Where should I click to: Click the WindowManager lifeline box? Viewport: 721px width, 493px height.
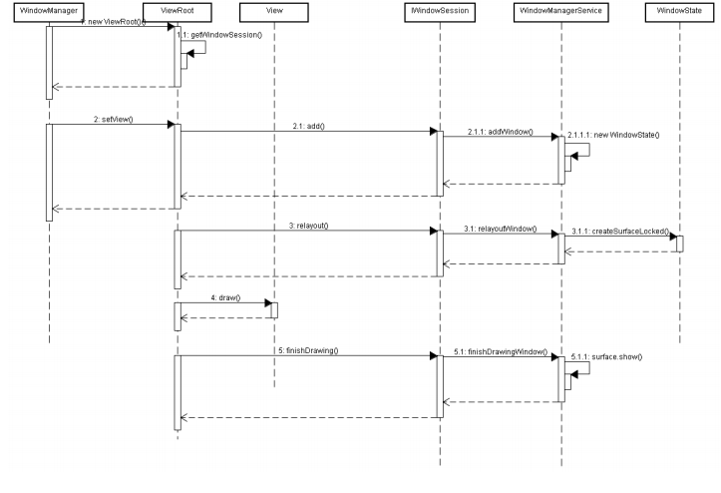click(x=48, y=9)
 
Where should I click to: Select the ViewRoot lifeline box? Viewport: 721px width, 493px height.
click(x=177, y=9)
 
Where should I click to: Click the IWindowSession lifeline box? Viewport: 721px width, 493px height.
click(x=439, y=9)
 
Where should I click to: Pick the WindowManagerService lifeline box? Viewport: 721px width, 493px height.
click(x=561, y=9)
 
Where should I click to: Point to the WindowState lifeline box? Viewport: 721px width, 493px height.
click(x=680, y=9)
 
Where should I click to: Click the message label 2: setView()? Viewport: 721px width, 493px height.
click(x=114, y=119)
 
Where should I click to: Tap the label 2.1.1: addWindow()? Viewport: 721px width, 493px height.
click(x=500, y=132)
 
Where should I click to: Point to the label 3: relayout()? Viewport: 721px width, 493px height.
click(x=309, y=226)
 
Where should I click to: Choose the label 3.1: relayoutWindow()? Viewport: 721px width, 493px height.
click(x=500, y=229)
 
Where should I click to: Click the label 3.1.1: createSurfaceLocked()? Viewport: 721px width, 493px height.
click(x=620, y=231)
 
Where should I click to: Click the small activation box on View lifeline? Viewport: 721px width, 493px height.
click(x=273, y=310)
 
